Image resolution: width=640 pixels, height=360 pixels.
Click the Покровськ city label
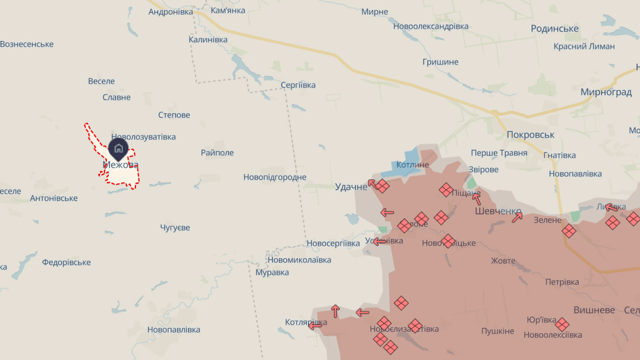530,135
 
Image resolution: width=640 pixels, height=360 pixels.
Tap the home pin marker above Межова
118,149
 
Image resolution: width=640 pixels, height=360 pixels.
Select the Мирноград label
606,92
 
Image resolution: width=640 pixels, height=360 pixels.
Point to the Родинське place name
555,29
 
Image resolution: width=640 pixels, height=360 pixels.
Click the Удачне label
351,187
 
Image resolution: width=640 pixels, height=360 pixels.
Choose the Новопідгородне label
275,177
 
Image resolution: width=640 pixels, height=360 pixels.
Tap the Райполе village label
217,153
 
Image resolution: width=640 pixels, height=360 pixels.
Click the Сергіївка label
298,85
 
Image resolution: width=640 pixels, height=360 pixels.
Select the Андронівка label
171,12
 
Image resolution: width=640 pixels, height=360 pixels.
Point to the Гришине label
440,62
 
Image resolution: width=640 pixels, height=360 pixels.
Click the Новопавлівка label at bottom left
174,330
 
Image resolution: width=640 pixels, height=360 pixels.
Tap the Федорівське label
66,262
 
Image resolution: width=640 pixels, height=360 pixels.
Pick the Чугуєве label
175,227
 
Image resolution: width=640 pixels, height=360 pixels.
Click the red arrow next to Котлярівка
315,325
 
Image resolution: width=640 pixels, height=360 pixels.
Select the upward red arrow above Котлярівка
336,310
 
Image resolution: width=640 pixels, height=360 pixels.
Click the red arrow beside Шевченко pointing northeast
517,217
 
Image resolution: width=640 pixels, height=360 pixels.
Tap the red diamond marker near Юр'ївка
562,324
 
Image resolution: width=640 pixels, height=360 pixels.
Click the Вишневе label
594,310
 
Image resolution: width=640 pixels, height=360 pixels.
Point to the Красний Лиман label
584,46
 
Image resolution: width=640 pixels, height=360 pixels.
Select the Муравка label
272,272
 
